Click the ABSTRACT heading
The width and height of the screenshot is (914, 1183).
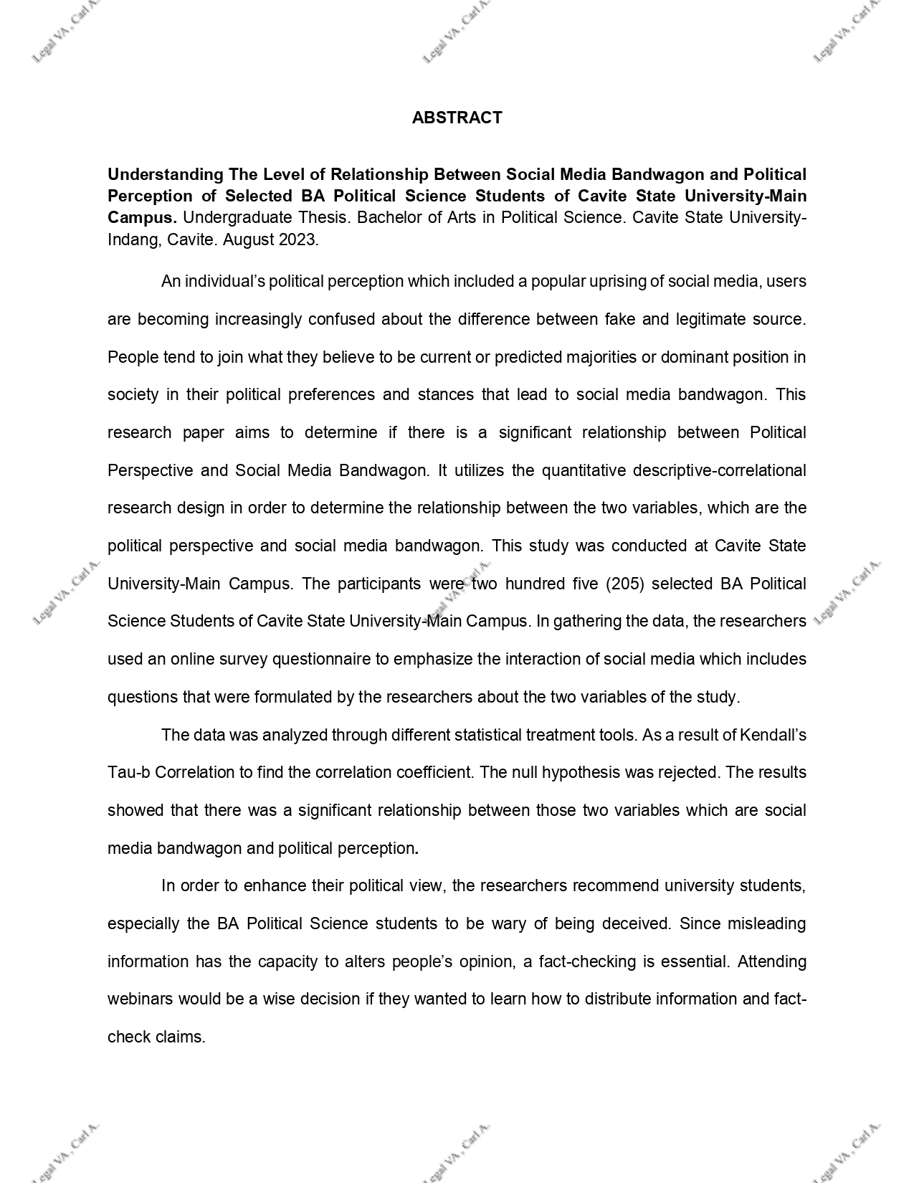(457, 118)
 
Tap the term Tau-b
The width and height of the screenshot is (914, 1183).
(128, 772)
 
